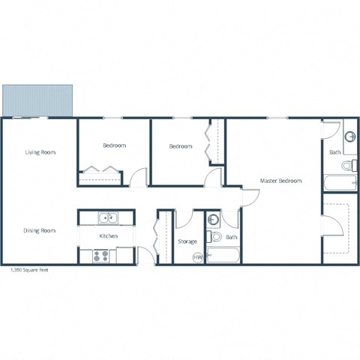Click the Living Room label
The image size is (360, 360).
pyautogui.click(x=40, y=152)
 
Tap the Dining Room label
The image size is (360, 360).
pyautogui.click(x=40, y=230)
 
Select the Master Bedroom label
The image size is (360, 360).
pyautogui.click(x=280, y=181)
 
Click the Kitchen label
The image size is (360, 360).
pyautogui.click(x=109, y=237)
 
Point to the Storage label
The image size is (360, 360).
pyautogui.click(x=187, y=241)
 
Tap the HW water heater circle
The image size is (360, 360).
pyautogui.click(x=198, y=257)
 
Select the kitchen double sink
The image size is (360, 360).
pyautogui.click(x=108, y=218)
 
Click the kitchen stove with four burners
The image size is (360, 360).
pyautogui.click(x=100, y=256)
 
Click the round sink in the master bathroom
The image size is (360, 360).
pyautogui.click(x=350, y=138)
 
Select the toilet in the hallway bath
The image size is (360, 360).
pyautogui.click(x=216, y=238)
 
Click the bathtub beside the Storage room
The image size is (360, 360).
pyautogui.click(x=223, y=256)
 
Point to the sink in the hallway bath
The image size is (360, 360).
pyautogui.click(x=213, y=220)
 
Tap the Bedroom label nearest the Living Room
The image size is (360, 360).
pyautogui.click(x=114, y=145)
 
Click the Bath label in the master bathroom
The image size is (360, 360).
pyautogui.click(x=335, y=153)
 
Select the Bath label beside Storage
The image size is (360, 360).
pyautogui.click(x=232, y=238)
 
